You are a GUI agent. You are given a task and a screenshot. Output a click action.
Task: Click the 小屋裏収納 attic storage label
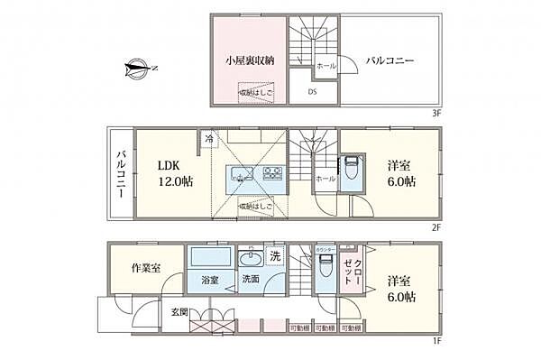[x=250, y=61]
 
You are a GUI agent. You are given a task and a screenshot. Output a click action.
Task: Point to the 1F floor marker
[x=436, y=339]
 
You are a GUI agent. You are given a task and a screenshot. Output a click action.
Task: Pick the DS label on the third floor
[x=312, y=92]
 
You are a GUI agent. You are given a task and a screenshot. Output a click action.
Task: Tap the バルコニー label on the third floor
[x=390, y=61]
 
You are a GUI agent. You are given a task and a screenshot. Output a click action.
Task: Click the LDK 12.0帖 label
[x=176, y=174]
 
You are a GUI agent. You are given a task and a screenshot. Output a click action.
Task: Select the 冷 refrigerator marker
[x=209, y=139]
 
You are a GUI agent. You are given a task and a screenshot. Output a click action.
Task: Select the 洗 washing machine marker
[x=276, y=256]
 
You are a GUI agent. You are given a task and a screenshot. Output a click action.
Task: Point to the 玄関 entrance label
[x=180, y=312]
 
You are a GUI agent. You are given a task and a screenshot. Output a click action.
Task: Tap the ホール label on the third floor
[x=326, y=65]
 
